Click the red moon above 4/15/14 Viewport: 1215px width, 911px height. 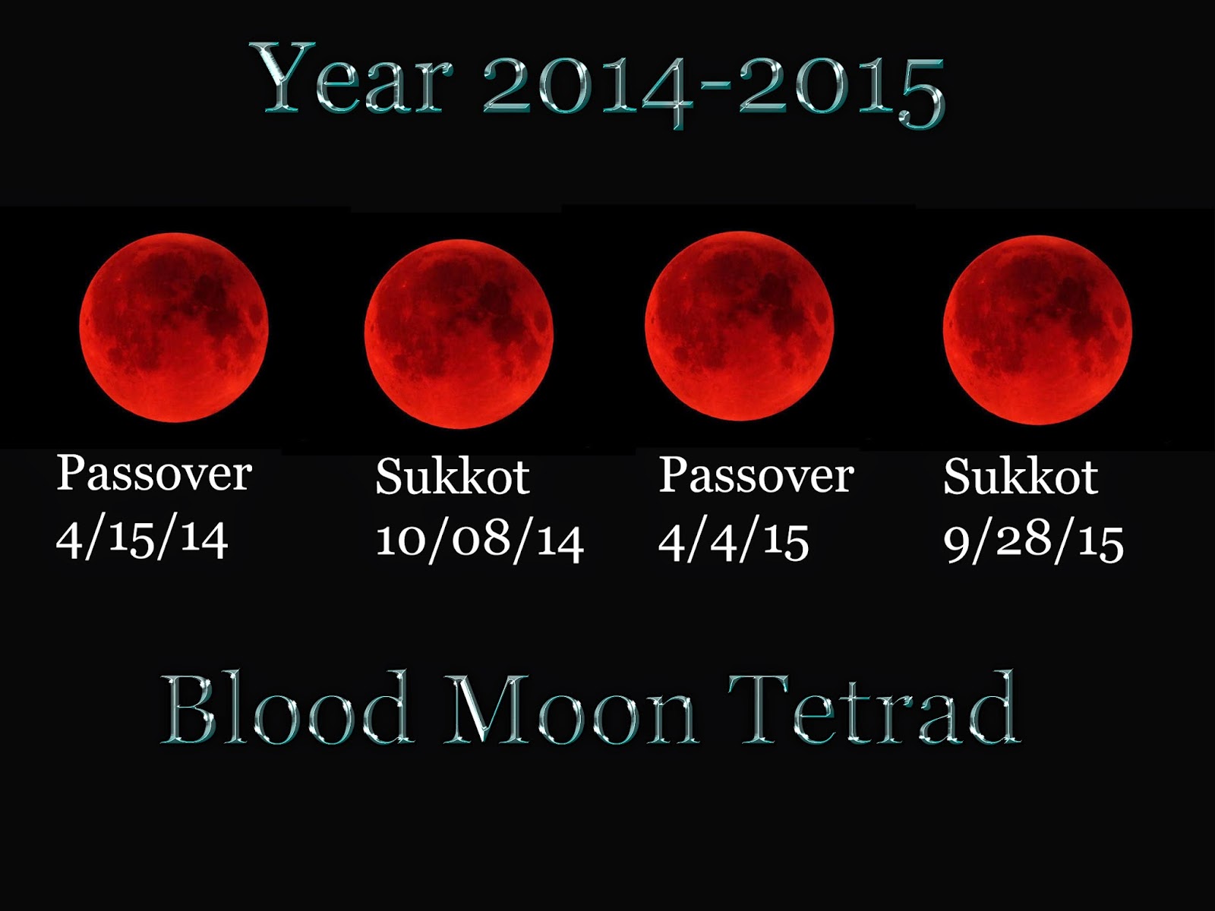174,327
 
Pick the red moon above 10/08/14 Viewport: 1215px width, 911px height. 459,334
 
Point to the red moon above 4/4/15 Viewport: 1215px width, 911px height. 740,326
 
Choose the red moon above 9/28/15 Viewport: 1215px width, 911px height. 1037,330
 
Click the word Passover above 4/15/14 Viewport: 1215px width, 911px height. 154,474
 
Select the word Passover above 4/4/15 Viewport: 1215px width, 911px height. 756,476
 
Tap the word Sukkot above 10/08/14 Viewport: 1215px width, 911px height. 453,478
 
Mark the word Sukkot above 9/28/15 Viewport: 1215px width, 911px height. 1021,478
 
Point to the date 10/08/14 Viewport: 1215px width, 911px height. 479,541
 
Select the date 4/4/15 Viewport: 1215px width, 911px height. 733,541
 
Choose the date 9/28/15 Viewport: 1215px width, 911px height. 1033,541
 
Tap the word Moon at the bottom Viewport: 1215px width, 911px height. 571,710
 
